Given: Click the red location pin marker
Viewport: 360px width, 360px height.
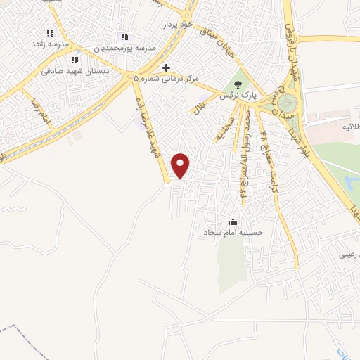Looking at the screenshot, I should pyautogui.click(x=181, y=165).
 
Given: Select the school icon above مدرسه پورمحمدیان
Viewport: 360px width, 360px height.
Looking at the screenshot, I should pyautogui.click(x=124, y=37).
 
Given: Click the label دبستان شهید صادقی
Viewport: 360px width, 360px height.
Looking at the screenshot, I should pyautogui.click(x=68, y=71).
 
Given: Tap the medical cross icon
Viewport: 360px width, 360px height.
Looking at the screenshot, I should pyautogui.click(x=166, y=68).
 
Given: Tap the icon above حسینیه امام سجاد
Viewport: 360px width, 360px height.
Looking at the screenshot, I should pyautogui.click(x=233, y=221).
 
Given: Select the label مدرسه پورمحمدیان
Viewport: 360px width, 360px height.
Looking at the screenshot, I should pyautogui.click(x=125, y=49).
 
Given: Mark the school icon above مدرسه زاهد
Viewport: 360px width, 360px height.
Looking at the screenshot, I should pyautogui.click(x=50, y=33).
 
